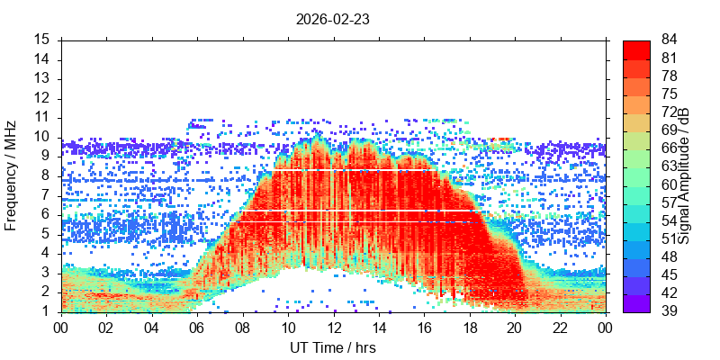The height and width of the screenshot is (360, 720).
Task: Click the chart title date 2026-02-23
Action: tap(332, 20)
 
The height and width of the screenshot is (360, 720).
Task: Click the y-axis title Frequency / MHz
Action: tap(11, 175)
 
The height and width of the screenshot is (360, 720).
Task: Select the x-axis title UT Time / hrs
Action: tap(333, 348)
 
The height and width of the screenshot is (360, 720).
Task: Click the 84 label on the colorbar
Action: tap(669, 40)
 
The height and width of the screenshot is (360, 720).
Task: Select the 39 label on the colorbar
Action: tap(669, 311)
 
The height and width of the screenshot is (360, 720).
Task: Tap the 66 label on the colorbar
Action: tap(669, 148)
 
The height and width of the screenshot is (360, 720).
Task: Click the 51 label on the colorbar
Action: tap(669, 239)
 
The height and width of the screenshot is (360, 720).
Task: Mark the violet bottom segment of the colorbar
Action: tap(636, 303)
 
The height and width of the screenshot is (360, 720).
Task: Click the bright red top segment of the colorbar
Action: tap(636, 49)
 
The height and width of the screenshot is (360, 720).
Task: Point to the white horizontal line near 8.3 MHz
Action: tap(354, 170)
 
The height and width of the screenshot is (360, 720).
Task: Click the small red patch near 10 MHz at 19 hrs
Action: tap(499, 139)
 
